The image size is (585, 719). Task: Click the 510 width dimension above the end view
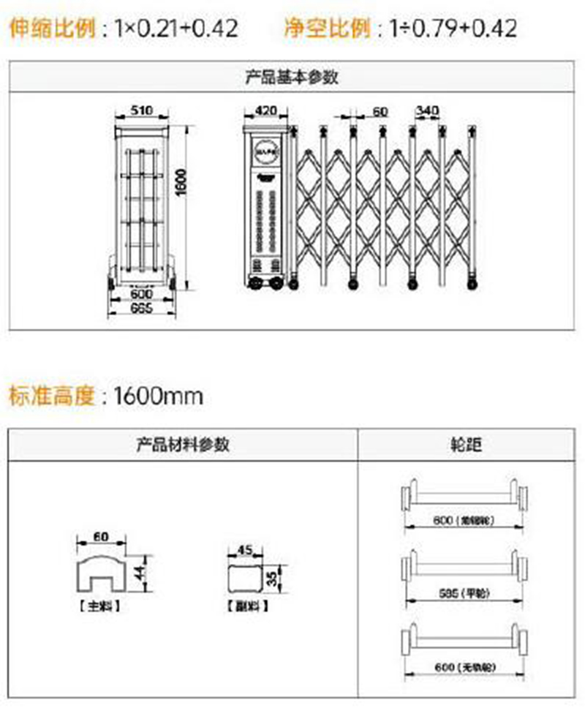point(141,110)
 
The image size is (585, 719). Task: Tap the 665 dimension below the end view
point(141,308)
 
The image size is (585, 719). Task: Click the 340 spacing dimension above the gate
point(426,110)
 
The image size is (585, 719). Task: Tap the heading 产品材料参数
point(183,444)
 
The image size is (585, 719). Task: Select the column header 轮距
point(467,444)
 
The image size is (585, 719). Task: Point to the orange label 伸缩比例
point(52,29)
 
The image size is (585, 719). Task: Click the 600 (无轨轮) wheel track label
point(465,668)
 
